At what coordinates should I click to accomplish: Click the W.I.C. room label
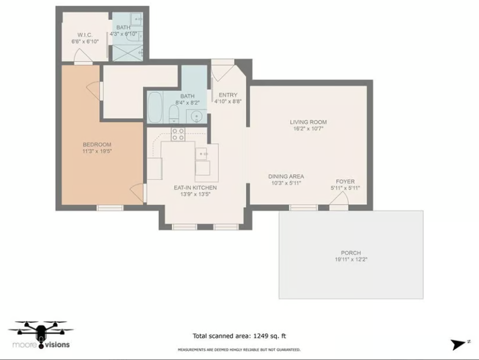(x=84, y=35)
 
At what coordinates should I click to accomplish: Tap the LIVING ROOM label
(x=308, y=122)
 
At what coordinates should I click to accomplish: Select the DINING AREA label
(x=286, y=176)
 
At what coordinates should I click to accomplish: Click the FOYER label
(x=345, y=182)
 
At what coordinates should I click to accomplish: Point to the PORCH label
(x=351, y=252)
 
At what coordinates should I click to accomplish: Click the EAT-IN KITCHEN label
(x=195, y=188)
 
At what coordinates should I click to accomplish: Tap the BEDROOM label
(x=97, y=144)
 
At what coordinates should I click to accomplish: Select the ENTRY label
(x=228, y=95)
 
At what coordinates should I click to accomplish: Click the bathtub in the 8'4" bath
(x=156, y=108)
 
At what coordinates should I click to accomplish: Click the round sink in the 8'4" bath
(x=196, y=116)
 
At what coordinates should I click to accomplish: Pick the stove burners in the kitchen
(x=178, y=134)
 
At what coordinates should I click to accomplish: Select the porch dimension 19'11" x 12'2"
(x=351, y=260)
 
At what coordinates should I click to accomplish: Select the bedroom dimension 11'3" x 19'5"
(x=97, y=151)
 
